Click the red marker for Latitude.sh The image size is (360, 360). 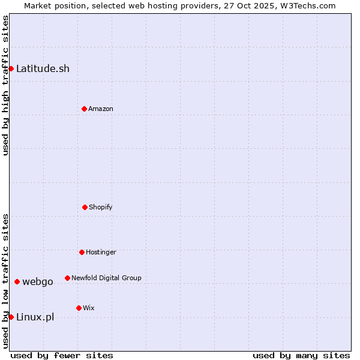[x=11, y=68]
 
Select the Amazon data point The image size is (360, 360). [x=84, y=109]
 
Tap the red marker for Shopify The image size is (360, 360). [x=85, y=207]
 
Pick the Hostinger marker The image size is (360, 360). [x=82, y=252]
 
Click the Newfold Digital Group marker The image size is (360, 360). [x=67, y=278]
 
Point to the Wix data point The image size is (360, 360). [x=79, y=308]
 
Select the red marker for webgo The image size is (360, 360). [x=17, y=281]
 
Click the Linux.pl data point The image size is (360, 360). [x=11, y=317]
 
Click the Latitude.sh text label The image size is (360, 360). [x=43, y=68]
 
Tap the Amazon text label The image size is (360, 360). [x=101, y=109]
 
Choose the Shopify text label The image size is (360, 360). [x=101, y=207]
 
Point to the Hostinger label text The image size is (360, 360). [x=101, y=252]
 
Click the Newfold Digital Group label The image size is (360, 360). [x=106, y=278]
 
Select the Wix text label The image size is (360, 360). [x=89, y=308]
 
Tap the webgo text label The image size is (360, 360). [x=38, y=281]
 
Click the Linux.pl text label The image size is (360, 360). [x=35, y=317]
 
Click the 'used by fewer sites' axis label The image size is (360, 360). [x=62, y=355]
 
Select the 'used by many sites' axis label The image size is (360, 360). [x=301, y=355]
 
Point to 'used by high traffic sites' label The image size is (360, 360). [x=5, y=85]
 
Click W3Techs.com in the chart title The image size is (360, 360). [x=306, y=5]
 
